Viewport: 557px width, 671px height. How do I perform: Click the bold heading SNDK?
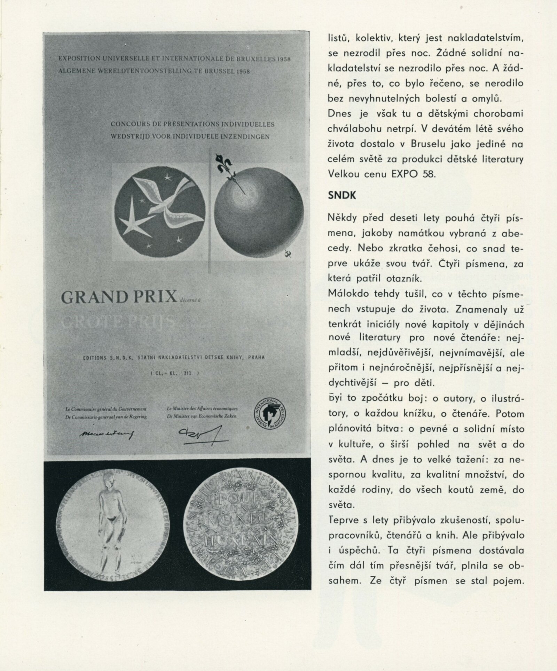[342, 196]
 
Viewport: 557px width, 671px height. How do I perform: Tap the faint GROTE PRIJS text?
[118, 322]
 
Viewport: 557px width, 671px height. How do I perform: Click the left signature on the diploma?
[106, 433]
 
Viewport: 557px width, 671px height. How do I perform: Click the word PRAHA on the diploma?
[256, 357]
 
